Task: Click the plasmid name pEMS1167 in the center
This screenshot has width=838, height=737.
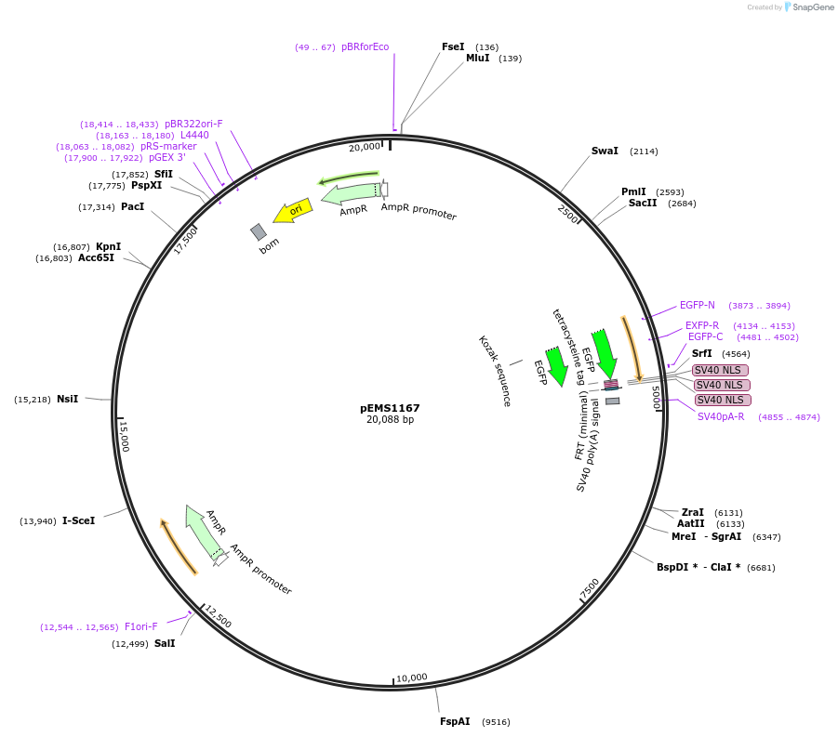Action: point(390,408)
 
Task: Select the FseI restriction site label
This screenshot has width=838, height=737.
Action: point(453,46)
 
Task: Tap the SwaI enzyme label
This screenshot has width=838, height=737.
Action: point(605,151)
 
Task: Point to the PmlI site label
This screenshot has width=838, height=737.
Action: point(633,192)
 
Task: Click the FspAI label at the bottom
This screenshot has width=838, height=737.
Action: point(455,721)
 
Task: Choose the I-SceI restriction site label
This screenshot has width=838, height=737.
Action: point(78,521)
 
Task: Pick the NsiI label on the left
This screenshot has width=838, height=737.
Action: point(67,399)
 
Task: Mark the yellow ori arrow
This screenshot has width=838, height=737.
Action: point(292,213)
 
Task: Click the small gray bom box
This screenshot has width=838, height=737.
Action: point(259,231)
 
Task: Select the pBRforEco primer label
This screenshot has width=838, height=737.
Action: point(365,46)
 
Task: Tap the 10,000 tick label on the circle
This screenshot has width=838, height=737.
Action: point(411,678)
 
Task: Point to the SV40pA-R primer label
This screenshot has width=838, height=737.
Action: point(721,416)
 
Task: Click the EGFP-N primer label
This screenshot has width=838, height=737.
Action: point(698,305)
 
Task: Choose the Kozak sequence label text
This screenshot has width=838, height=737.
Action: point(495,371)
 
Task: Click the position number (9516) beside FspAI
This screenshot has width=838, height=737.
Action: point(496,721)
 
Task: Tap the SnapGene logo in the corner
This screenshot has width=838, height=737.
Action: point(808,7)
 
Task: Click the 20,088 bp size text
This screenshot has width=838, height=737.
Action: point(390,420)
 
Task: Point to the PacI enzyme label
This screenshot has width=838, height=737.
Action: point(132,206)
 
